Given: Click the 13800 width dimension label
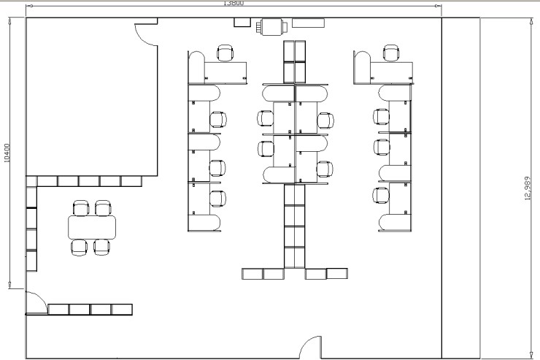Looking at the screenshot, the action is coord(234,3).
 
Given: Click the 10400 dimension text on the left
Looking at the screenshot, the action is coord(7,153).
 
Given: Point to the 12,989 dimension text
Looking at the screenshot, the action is coord(528,188).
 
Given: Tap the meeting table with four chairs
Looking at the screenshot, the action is coord(92,227).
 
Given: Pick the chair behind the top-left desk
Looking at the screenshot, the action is coord(225,53).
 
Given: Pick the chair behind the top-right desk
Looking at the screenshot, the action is coord(391,53).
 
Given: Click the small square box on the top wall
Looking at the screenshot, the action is coord(242,22).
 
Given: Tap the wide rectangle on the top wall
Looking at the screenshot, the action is coord(308,23).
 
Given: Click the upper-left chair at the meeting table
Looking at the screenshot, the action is coord(81,208).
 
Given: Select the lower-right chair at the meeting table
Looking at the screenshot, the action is coord(101,247).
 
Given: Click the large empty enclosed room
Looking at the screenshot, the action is coord(92,97).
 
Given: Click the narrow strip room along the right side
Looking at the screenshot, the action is coord(460,188).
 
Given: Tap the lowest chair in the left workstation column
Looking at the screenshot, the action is coord(217,199).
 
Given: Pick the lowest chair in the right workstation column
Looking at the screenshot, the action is coord(381,195).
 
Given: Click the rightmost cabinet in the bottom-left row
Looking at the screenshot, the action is coord(122,310).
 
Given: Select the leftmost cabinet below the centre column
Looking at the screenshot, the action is coord(252,274).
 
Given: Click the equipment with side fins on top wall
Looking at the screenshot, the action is coord(272,27).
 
